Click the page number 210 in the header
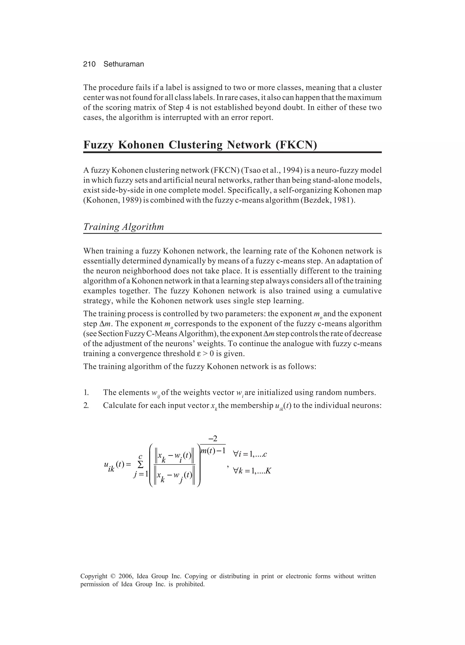pyautogui.click(x=89, y=64)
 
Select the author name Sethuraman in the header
pyautogui.click(x=124, y=64)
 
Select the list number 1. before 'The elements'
pyautogui.click(x=86, y=393)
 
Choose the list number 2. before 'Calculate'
pyautogui.click(x=86, y=406)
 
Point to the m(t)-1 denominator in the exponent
pyautogui.click(x=213, y=451)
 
